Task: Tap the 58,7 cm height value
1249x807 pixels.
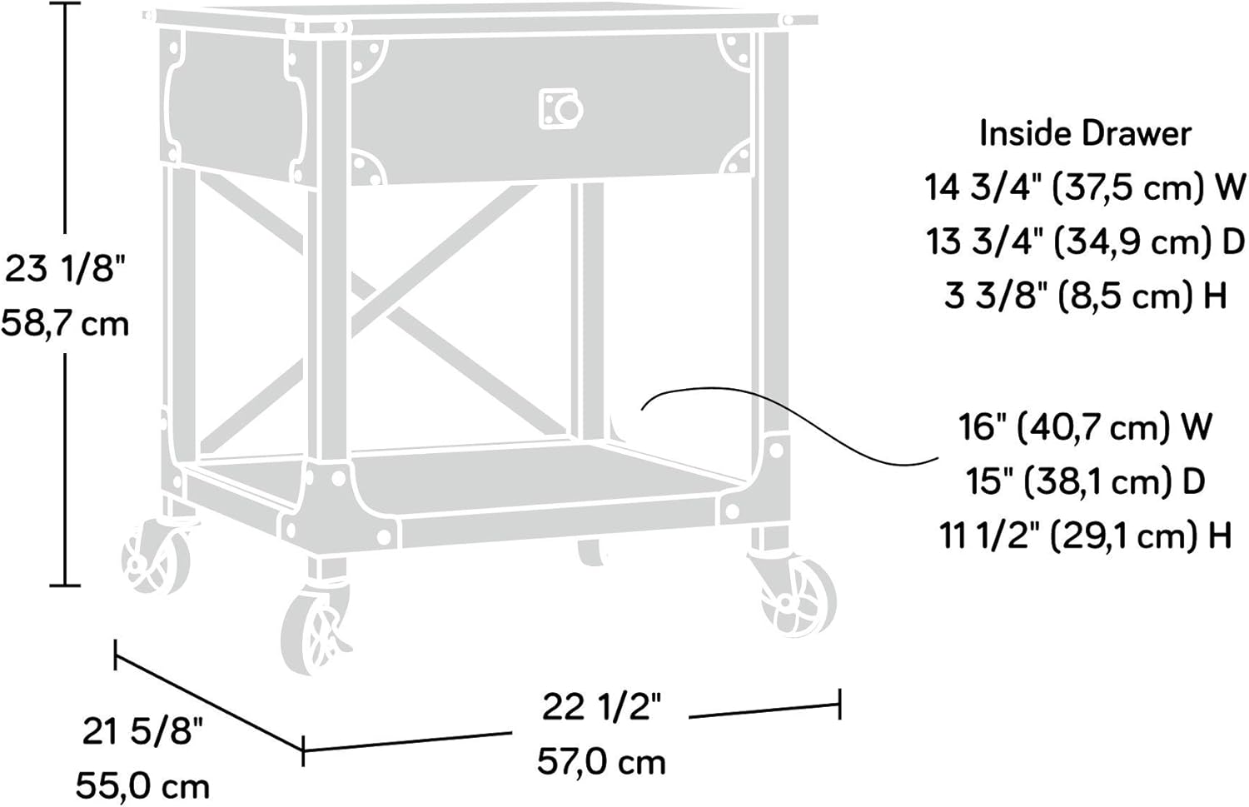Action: point(65,323)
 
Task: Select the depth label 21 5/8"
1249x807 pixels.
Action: point(143,731)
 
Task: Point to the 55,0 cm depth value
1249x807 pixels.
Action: point(142,786)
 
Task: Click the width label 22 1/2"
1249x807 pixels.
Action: point(601,708)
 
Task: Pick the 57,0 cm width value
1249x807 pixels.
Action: point(601,762)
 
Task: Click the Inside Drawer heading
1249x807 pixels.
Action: point(1086,134)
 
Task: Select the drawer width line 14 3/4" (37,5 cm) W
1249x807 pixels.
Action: point(1085,187)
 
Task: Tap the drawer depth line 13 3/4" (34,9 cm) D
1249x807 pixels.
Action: point(1085,242)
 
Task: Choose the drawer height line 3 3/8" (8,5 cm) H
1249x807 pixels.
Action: point(1085,295)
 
